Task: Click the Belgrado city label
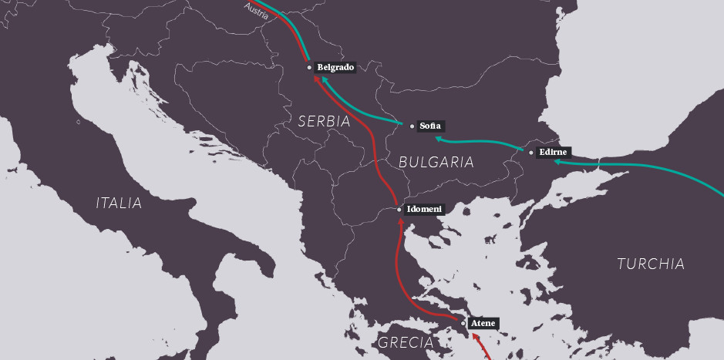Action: pyautogui.click(x=335, y=68)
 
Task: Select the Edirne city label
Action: pyautogui.click(x=553, y=153)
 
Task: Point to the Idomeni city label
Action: pyautogui.click(x=425, y=209)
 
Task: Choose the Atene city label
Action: pyautogui.click(x=483, y=323)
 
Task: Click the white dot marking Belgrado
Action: pyautogui.click(x=309, y=68)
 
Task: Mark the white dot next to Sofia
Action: pyautogui.click(x=412, y=126)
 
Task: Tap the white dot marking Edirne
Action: pyautogui.click(x=530, y=153)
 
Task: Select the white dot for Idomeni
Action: pyautogui.click(x=399, y=209)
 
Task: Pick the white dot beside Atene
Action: pyautogui.click(x=463, y=323)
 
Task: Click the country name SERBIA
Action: pyautogui.click(x=324, y=121)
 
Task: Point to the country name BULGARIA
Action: pyautogui.click(x=436, y=162)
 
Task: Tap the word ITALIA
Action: pyautogui.click(x=119, y=204)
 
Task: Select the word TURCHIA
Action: pyautogui.click(x=651, y=264)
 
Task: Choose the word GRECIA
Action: pyautogui.click(x=405, y=342)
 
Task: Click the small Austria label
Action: pyautogui.click(x=256, y=10)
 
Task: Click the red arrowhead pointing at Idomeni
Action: pyautogui.click(x=399, y=223)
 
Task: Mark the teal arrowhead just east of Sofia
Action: pyautogui.click(x=438, y=139)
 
